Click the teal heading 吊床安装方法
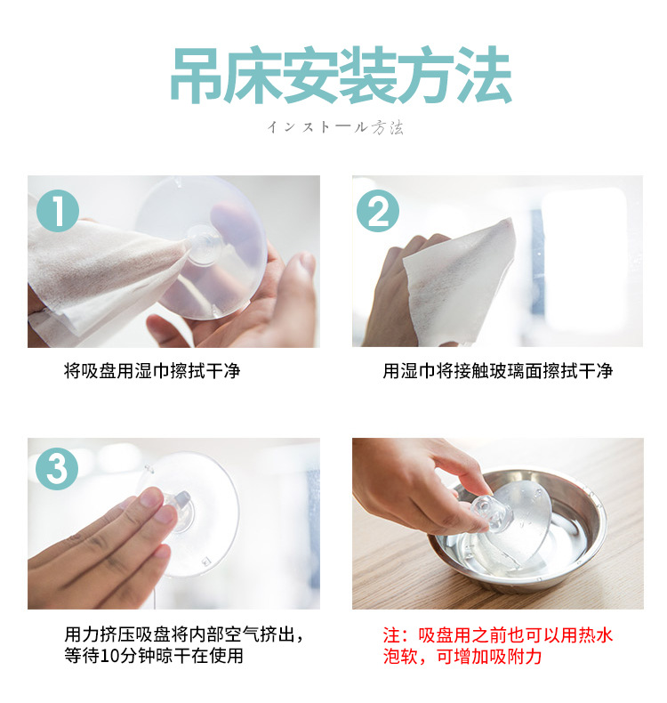pos(341,75)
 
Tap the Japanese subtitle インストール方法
pos(335,128)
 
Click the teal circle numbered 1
pos(58,211)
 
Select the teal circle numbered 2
pos(378,211)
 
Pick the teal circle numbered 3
pos(57,468)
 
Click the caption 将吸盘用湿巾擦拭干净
pos(152,371)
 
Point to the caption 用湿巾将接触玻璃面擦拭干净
pos(498,371)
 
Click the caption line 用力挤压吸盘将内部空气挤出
pos(184,634)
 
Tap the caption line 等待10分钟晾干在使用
pos(153,656)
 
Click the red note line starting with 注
pos(498,635)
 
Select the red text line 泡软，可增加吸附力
pos(462,657)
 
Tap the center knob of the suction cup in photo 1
pos(205,245)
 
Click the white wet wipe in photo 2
pos(458,283)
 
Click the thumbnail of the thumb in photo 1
pos(308,263)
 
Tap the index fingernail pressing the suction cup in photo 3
pos(151,497)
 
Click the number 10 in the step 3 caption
pos(108,657)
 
